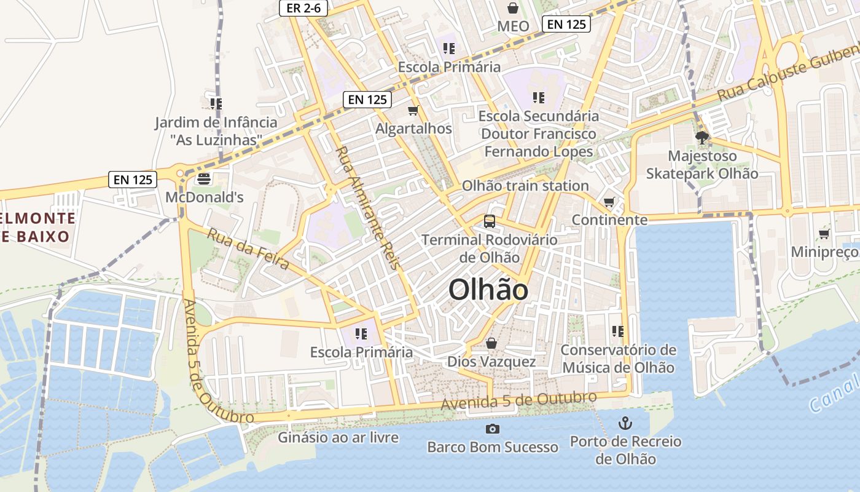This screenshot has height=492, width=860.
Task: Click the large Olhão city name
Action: (x=488, y=290)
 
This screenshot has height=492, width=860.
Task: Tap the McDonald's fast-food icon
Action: (x=203, y=180)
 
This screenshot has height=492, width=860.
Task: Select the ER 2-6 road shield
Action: (x=303, y=8)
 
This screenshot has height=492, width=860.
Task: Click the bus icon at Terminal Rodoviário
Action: (x=490, y=221)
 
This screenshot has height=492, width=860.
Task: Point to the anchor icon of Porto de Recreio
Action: (x=625, y=423)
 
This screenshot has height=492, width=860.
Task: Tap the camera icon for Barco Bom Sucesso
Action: (x=492, y=429)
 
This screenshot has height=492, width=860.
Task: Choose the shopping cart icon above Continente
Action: (x=609, y=202)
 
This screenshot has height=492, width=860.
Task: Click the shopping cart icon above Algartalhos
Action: (x=413, y=111)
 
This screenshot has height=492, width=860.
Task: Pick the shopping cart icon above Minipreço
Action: (x=824, y=234)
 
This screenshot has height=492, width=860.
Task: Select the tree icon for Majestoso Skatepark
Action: (x=702, y=138)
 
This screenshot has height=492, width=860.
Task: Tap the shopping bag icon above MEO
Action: (x=513, y=8)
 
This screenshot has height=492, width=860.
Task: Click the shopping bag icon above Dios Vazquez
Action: (x=491, y=343)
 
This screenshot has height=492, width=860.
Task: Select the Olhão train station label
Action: (x=525, y=186)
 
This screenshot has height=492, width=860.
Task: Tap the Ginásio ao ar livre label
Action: (x=338, y=438)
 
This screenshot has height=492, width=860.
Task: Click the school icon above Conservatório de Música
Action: (x=617, y=331)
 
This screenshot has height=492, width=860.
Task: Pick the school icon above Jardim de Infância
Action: (x=216, y=104)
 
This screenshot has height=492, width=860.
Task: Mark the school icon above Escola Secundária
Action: (x=539, y=98)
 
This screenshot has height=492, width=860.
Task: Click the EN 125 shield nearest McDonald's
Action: (x=133, y=180)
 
